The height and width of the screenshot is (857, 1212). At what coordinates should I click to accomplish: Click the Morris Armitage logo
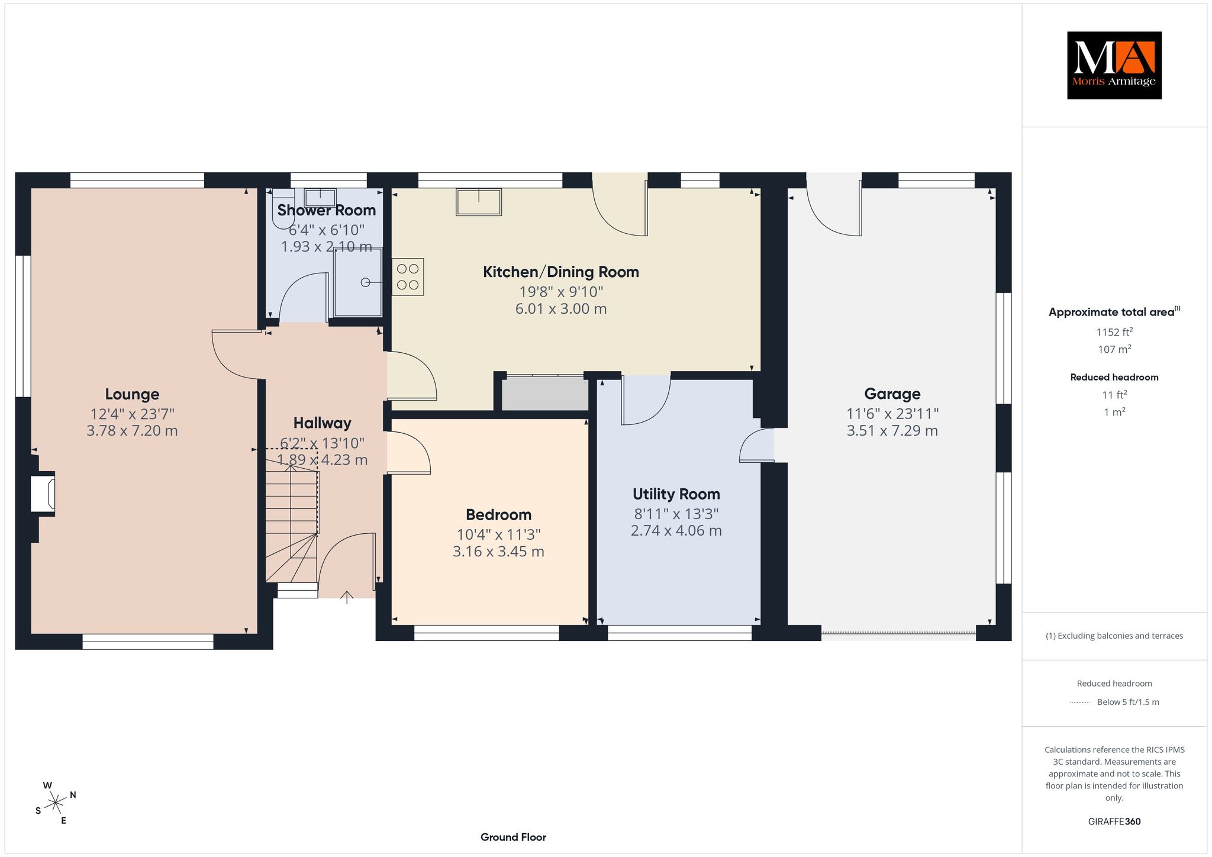tap(1114, 65)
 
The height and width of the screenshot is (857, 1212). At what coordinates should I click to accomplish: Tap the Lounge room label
tap(132, 394)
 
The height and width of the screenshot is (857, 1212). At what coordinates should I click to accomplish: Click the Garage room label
tap(892, 394)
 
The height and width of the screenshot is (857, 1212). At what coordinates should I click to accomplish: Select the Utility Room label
tap(676, 494)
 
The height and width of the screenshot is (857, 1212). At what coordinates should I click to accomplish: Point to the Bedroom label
tap(498, 515)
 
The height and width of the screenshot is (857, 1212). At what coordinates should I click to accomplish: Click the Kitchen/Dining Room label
tap(561, 272)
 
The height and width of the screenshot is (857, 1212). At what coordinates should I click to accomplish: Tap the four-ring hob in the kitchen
tap(408, 277)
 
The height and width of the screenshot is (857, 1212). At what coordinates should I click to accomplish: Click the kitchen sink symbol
tap(479, 202)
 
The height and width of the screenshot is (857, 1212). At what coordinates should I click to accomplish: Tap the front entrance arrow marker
tap(347, 597)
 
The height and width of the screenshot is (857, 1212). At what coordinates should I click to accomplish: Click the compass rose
tap(56, 803)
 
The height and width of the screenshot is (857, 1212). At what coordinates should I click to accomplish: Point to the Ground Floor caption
tap(513, 837)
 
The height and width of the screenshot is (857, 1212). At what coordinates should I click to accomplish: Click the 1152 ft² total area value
tap(1114, 332)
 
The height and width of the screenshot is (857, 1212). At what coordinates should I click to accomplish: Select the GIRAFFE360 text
tap(1114, 821)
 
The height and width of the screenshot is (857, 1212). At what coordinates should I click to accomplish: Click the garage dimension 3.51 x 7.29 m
tap(892, 431)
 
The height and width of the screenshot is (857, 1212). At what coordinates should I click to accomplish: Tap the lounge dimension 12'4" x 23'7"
tap(132, 414)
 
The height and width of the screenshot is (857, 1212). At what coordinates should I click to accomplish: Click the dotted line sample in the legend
tap(1080, 703)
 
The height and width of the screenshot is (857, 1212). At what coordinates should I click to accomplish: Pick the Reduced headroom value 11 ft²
tap(1114, 394)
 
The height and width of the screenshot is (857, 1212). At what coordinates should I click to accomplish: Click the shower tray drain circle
tap(366, 282)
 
